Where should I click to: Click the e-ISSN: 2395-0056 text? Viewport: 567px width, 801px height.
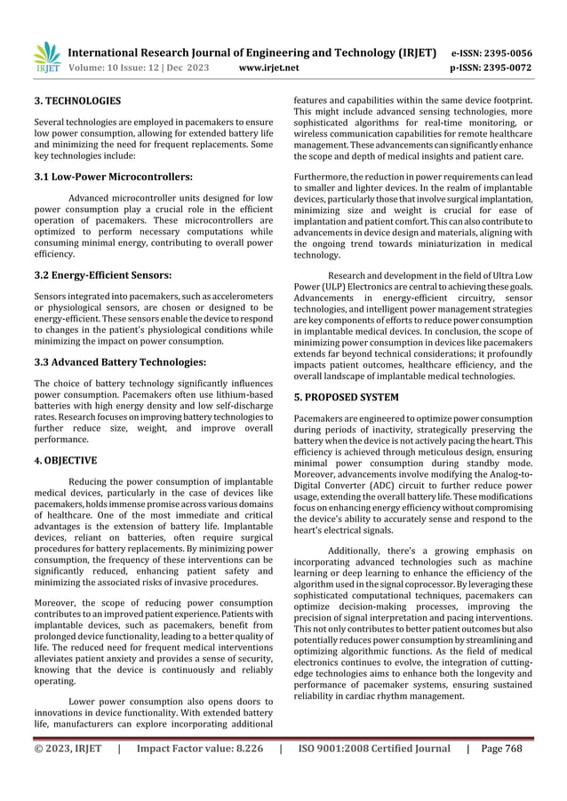(492, 52)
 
